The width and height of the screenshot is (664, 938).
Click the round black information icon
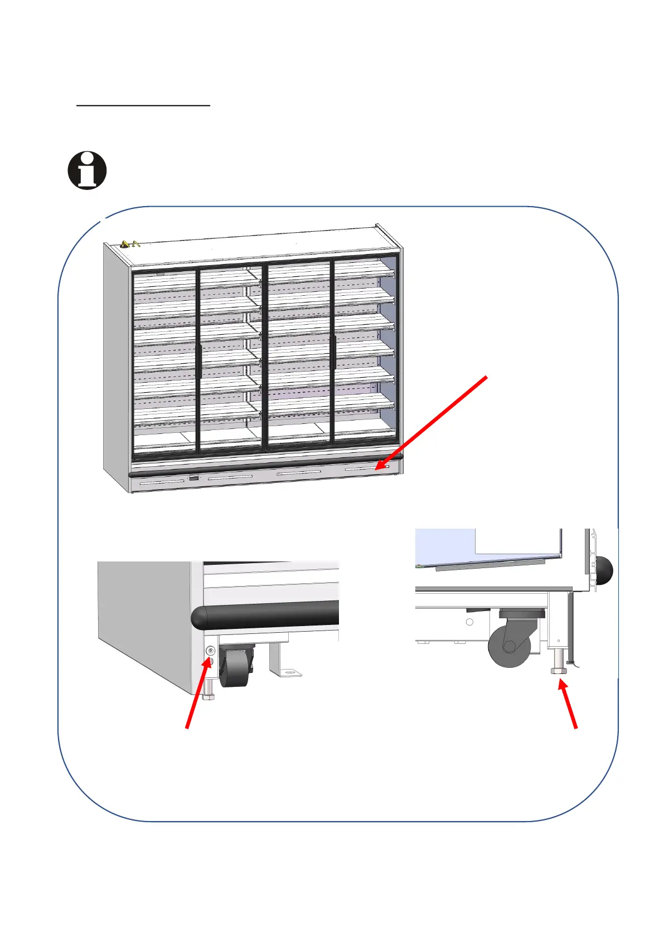coord(87,170)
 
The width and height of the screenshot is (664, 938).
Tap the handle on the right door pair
coord(332,350)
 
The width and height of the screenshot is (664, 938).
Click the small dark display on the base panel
coord(193,478)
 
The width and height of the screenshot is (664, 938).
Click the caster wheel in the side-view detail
coord(509,646)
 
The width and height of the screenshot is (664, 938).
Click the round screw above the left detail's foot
coord(210,651)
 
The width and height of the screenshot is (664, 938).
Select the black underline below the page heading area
coord(143,104)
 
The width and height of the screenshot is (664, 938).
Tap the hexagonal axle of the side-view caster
coord(510,646)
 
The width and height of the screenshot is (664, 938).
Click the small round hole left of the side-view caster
coord(469,622)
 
